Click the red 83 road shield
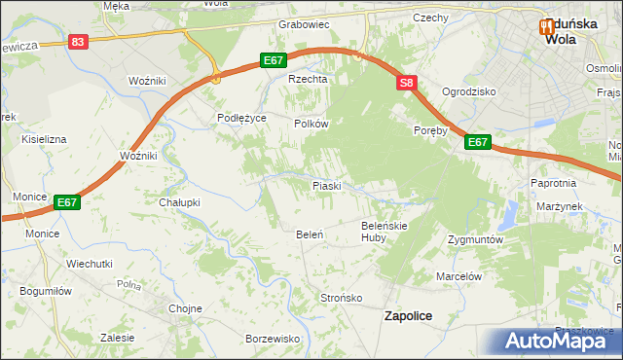(x=79, y=42)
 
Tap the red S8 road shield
(x=407, y=85)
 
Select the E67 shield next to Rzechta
(x=274, y=60)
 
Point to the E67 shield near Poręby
(x=477, y=142)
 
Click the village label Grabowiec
(x=304, y=24)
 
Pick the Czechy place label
(x=429, y=18)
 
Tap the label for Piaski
(x=326, y=185)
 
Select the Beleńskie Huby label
(x=385, y=231)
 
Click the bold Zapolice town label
(x=409, y=316)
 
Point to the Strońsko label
(x=342, y=298)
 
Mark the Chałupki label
(x=179, y=202)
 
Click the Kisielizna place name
(x=45, y=139)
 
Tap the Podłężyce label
(x=241, y=118)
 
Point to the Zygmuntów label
(x=475, y=239)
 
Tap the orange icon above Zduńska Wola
(x=548, y=27)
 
